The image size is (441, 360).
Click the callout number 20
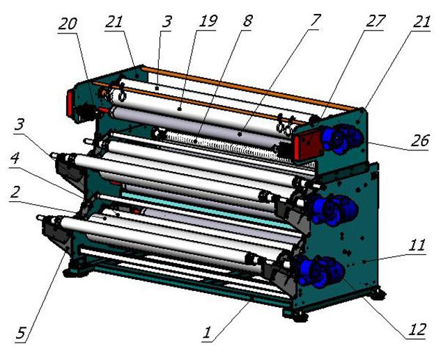[x=67, y=24]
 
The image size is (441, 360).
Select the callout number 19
[x=208, y=21]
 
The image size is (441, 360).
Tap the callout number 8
[x=247, y=21]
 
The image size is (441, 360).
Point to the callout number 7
[x=315, y=21]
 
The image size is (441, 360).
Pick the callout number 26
[x=420, y=141]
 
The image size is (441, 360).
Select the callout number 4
[x=15, y=158]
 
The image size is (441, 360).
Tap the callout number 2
[x=15, y=192]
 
